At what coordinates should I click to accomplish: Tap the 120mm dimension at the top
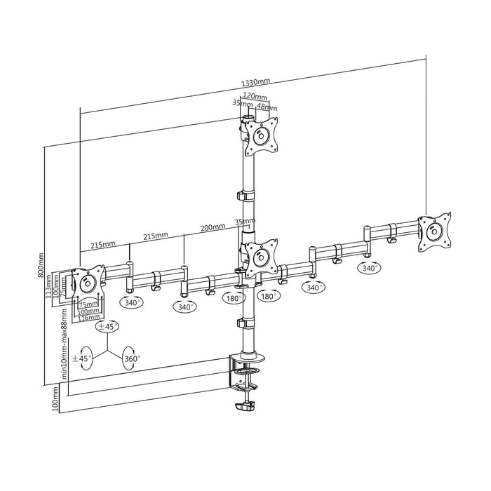pyautogui.click(x=254, y=96)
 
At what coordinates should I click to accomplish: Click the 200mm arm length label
pyautogui.click(x=212, y=227)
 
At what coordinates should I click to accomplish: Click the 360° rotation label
pyautogui.click(x=132, y=358)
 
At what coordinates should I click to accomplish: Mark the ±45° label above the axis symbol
pyautogui.click(x=108, y=326)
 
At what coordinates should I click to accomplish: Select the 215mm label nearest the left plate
pyautogui.click(x=102, y=245)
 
